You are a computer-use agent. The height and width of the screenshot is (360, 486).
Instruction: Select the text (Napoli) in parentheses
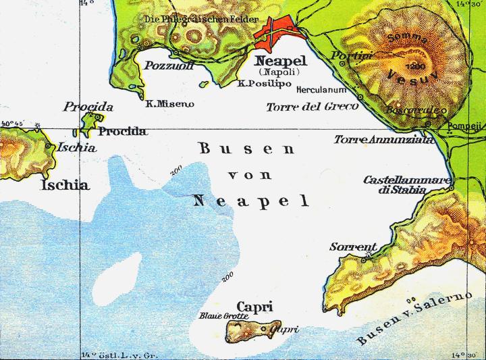(278, 71)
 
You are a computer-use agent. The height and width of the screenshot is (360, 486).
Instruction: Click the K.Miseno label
(169, 104)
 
